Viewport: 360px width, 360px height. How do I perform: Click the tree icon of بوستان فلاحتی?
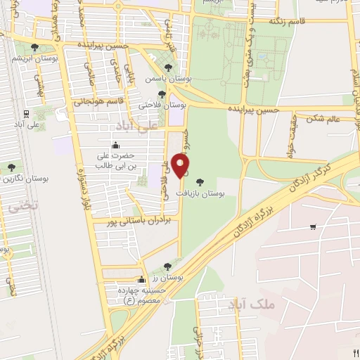click(162, 94)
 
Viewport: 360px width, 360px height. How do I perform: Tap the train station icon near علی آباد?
click(26, 112)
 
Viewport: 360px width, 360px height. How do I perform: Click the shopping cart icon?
click(312, 226)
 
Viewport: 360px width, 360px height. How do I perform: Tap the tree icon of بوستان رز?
click(167, 266)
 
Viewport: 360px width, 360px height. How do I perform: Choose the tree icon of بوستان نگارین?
click(11, 167)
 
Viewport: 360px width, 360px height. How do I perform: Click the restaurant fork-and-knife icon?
click(355, 354)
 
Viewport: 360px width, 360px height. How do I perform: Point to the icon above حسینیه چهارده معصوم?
click(141, 279)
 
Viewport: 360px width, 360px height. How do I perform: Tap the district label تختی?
click(12, 206)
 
